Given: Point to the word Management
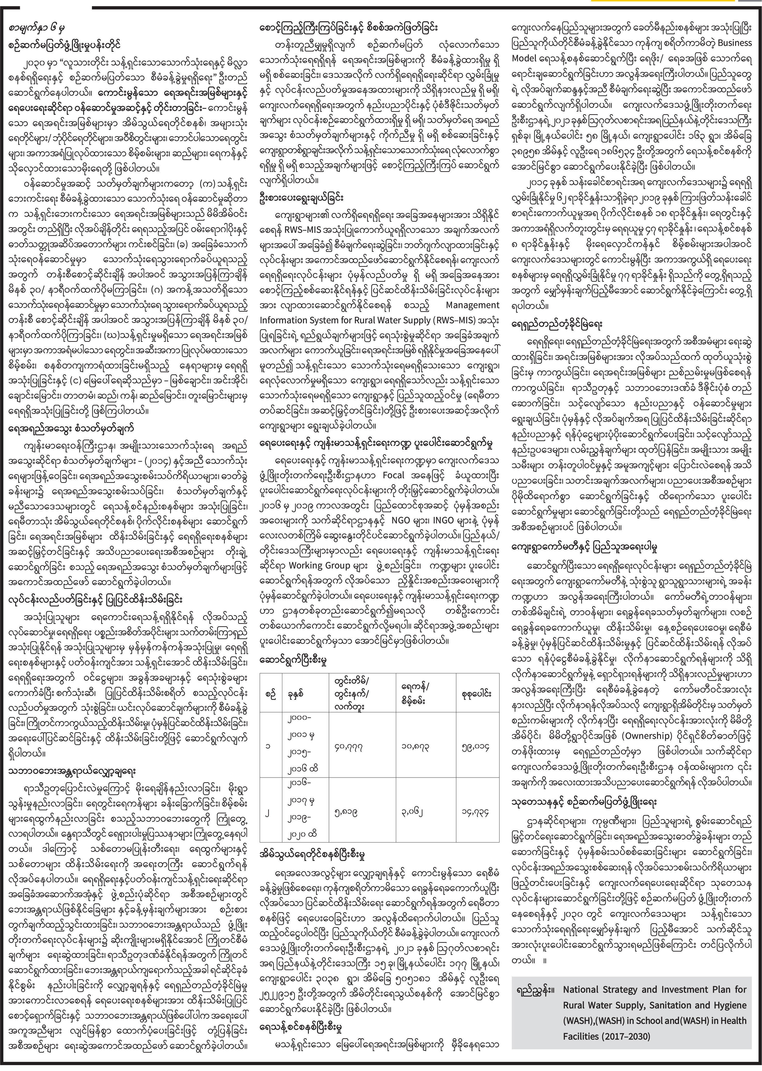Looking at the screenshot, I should click(473, 304).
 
